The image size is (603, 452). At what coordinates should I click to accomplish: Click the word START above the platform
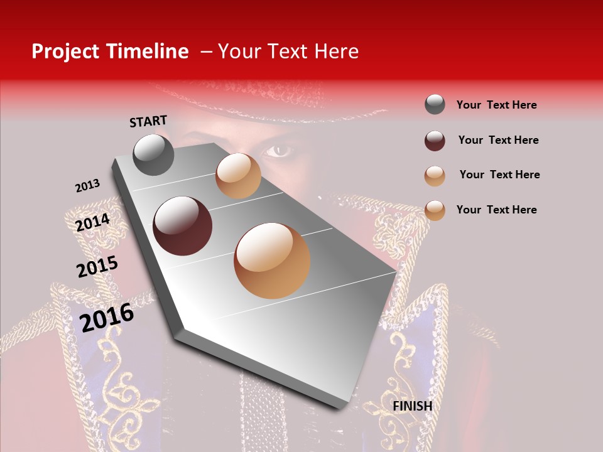click(x=148, y=121)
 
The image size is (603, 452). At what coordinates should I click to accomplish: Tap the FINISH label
click(x=413, y=406)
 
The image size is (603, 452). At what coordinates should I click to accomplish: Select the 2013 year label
click(x=87, y=186)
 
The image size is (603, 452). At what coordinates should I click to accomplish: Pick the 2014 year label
click(x=93, y=222)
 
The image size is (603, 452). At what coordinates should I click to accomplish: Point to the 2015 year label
click(x=97, y=267)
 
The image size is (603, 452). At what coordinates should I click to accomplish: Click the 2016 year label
click(x=107, y=317)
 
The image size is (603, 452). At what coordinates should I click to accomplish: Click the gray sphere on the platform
click(x=154, y=154)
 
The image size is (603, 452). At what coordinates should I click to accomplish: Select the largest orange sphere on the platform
click(x=272, y=261)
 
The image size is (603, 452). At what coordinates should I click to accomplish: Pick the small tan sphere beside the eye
click(x=238, y=176)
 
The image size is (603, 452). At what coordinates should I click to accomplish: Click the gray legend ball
click(x=435, y=105)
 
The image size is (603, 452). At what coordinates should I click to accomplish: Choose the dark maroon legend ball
click(x=435, y=141)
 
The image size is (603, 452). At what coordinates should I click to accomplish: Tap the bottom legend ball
click(x=435, y=210)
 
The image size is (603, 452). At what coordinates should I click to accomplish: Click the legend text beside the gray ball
click(x=496, y=105)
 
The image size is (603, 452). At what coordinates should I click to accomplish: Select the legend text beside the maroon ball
click(x=498, y=140)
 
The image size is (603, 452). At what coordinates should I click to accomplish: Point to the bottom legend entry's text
click(x=496, y=210)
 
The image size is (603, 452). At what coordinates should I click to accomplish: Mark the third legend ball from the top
click(x=435, y=176)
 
